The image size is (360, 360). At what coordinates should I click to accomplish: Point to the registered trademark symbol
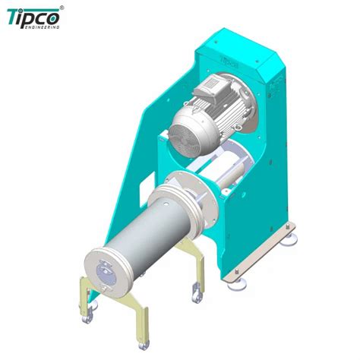point(62,7)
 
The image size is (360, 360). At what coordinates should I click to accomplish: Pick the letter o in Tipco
point(53,17)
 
